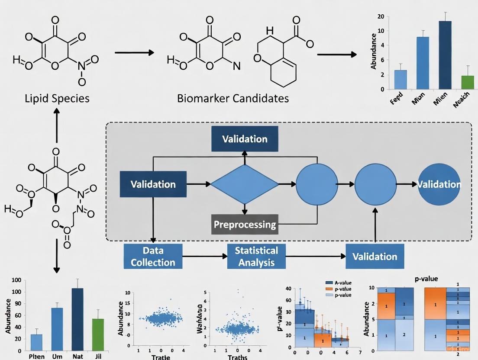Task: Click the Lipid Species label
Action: [x=57, y=98]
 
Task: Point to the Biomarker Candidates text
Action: [x=233, y=98]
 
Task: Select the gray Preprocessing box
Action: [x=245, y=225]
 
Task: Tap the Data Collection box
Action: [x=153, y=256]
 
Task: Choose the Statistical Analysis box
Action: [x=256, y=256]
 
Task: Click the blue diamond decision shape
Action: [x=245, y=184]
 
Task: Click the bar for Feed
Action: [x=400, y=80]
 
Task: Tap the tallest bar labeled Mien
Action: [x=445, y=55]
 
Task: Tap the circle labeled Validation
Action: [x=439, y=184]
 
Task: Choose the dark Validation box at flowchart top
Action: [x=245, y=139]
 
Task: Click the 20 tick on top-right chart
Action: [x=381, y=17]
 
